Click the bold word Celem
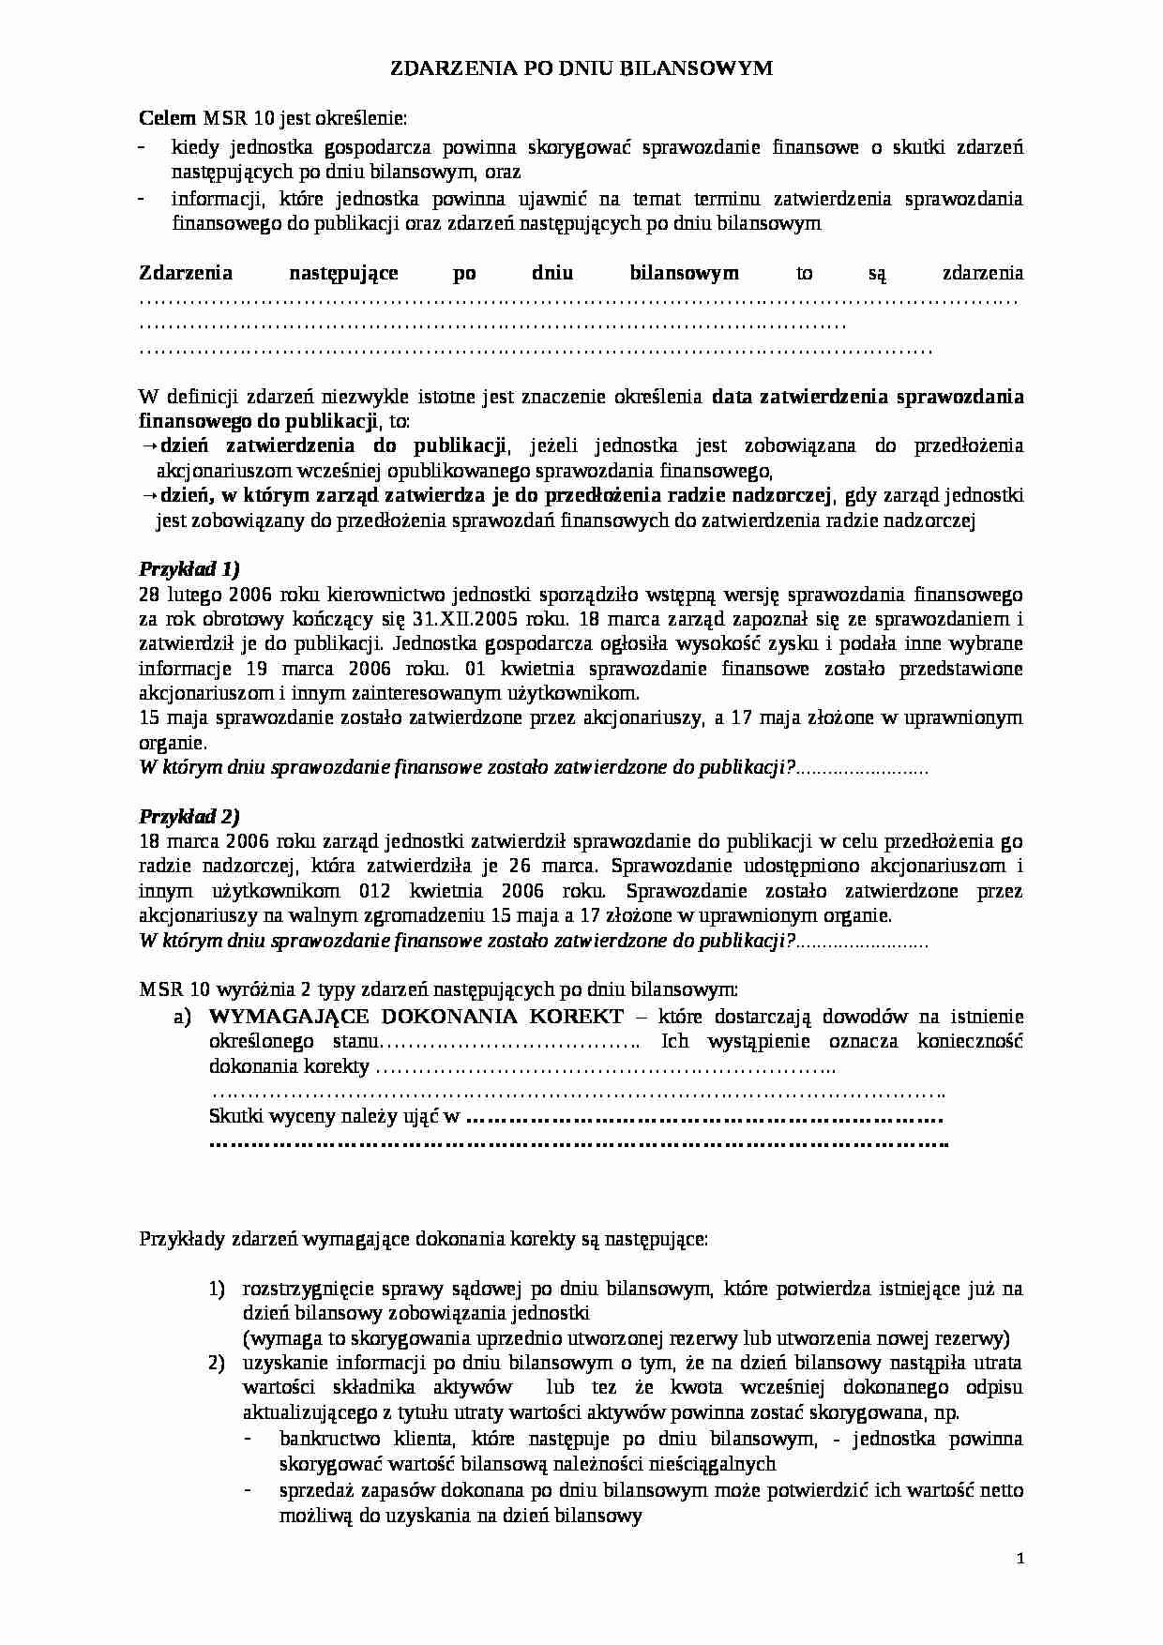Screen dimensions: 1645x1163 point(167,118)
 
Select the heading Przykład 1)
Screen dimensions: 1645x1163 point(189,568)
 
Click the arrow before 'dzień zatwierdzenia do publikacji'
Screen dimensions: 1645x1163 point(149,445)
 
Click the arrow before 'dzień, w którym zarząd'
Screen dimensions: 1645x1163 point(149,495)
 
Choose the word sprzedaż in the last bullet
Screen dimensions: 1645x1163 point(314,1489)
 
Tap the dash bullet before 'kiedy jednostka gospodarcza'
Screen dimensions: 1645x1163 point(143,148)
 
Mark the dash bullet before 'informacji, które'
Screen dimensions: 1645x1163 point(143,199)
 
